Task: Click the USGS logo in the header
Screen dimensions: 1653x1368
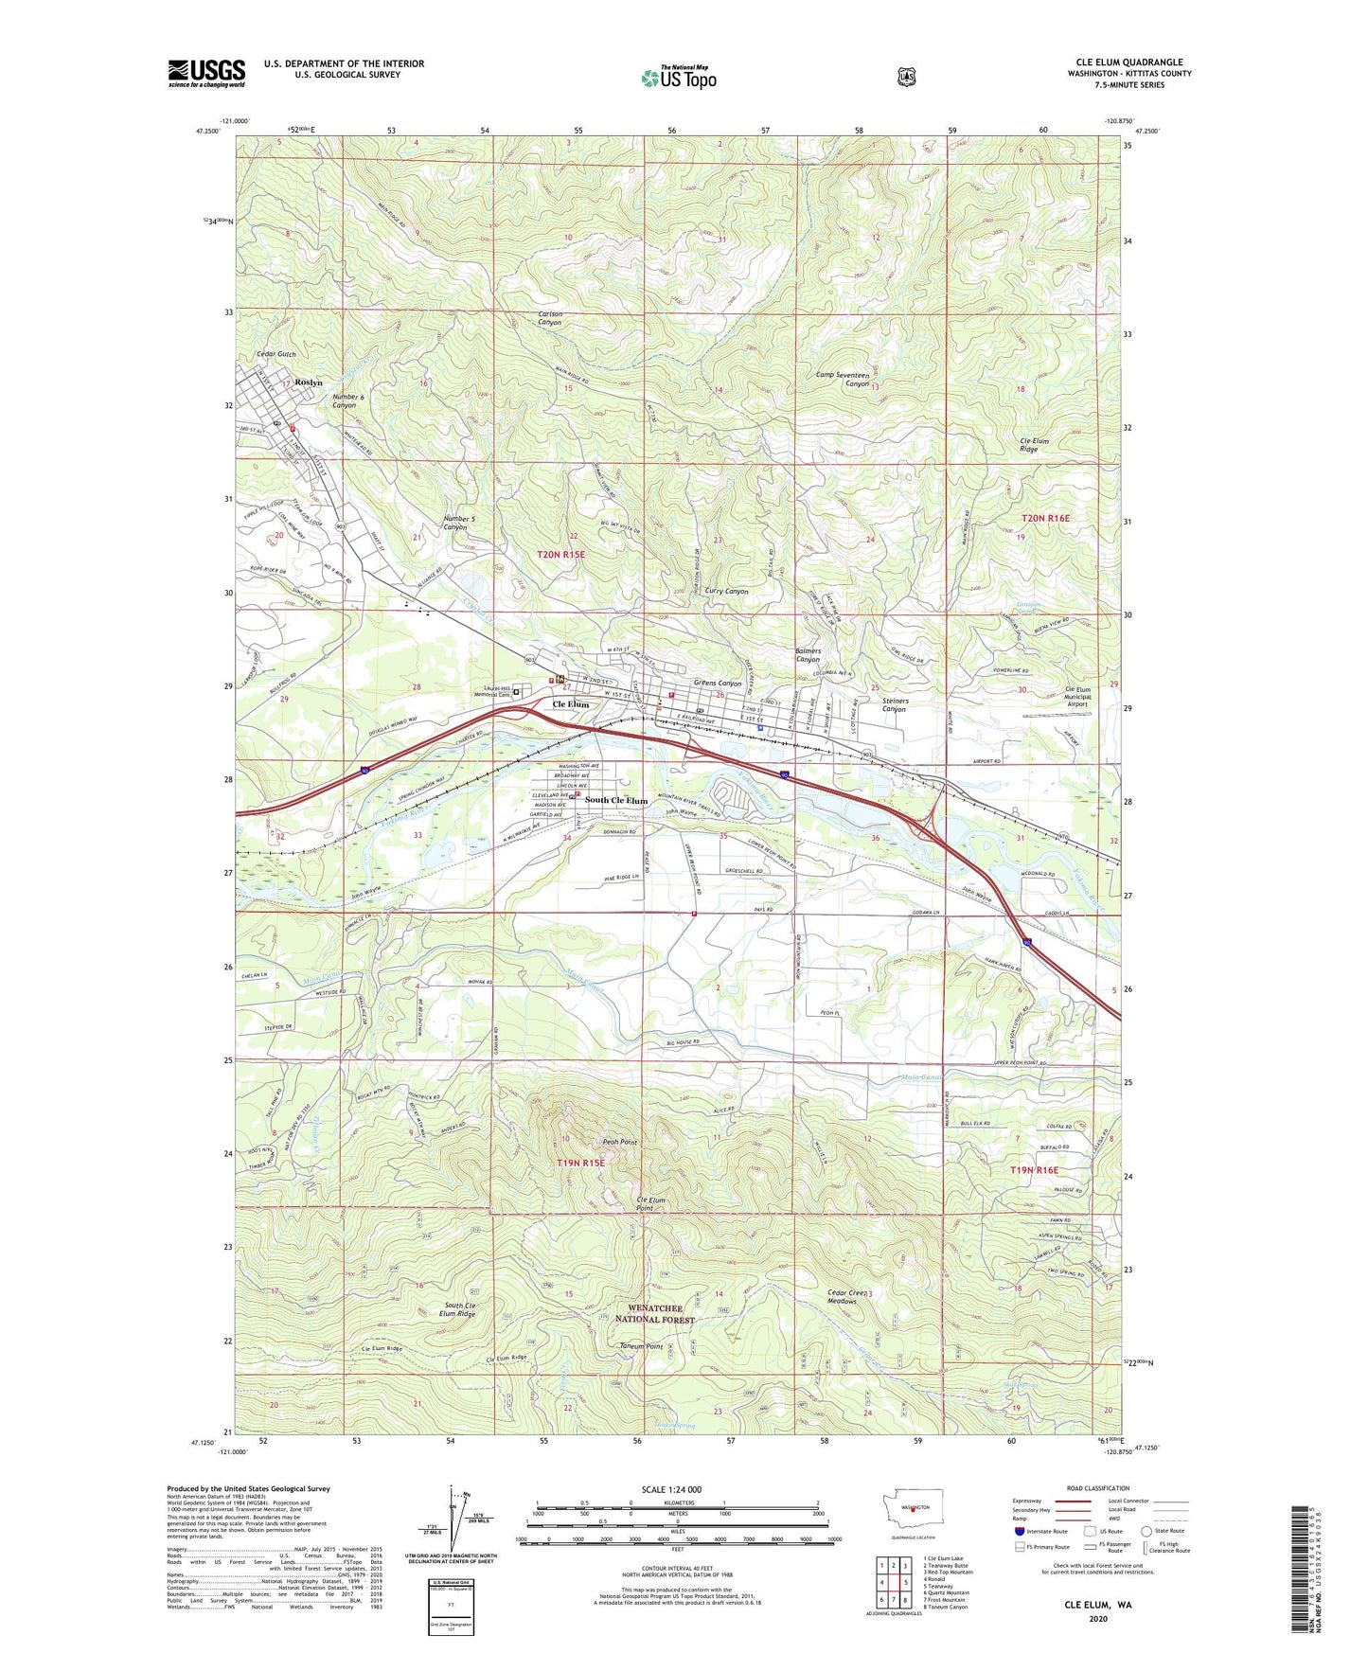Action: (x=206, y=73)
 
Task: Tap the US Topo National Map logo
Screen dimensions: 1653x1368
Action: (x=677, y=78)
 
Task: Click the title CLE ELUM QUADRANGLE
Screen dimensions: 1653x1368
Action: (x=1128, y=62)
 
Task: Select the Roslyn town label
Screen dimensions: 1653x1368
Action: (x=309, y=382)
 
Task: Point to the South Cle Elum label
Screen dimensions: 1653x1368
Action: (x=616, y=800)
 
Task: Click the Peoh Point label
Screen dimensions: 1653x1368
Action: (x=620, y=1142)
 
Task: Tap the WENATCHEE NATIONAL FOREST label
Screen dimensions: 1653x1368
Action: (x=655, y=1313)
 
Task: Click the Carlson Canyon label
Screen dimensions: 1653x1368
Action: (x=550, y=318)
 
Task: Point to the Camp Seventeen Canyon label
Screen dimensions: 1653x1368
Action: (x=843, y=379)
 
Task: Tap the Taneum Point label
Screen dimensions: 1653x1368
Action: (x=641, y=1346)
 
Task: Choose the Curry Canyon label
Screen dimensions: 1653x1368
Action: (x=726, y=591)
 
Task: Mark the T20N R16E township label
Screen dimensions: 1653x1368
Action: (x=1045, y=518)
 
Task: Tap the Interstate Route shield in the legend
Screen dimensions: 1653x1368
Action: (x=1019, y=1531)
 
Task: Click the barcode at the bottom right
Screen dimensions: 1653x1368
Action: (x=1302, y=1572)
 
